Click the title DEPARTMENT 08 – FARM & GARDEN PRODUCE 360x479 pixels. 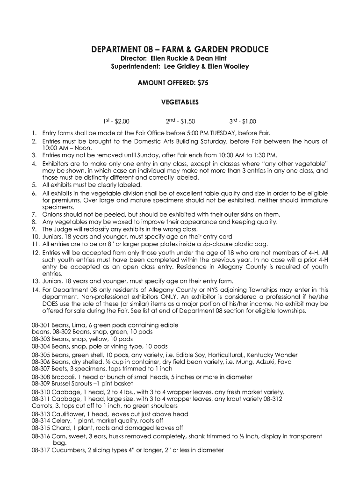(180, 49)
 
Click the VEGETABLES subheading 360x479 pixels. (180, 102)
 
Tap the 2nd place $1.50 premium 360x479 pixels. (180, 122)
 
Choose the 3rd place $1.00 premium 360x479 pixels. (243, 122)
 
